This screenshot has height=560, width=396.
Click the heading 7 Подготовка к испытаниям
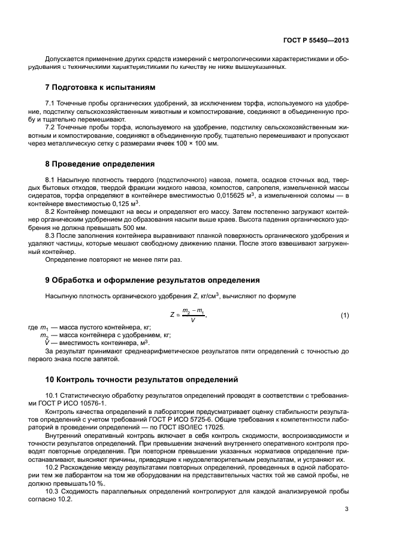[100, 87]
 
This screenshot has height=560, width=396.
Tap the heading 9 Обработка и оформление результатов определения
[152, 280]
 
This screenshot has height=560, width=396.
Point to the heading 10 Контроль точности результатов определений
[142, 379]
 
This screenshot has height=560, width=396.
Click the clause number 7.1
[52, 104]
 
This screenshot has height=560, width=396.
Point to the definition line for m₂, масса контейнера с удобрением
[105, 335]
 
